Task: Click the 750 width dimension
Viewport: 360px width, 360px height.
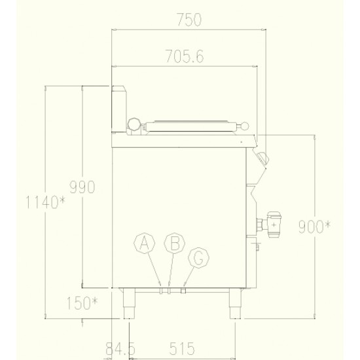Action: click(x=189, y=20)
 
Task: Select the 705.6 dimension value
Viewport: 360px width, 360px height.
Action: click(x=185, y=56)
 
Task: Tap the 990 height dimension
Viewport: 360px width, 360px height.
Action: click(x=82, y=187)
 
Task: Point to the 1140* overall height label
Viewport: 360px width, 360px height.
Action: click(x=46, y=202)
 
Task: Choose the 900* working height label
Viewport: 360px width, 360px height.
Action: click(x=315, y=226)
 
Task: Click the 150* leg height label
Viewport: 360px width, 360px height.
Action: click(x=82, y=303)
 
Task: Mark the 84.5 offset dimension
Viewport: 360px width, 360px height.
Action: click(x=120, y=348)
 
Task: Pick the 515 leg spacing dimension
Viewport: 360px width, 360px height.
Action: click(x=182, y=348)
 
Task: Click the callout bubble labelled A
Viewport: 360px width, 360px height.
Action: click(x=144, y=243)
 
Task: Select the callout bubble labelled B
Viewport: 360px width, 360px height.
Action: click(x=175, y=243)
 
